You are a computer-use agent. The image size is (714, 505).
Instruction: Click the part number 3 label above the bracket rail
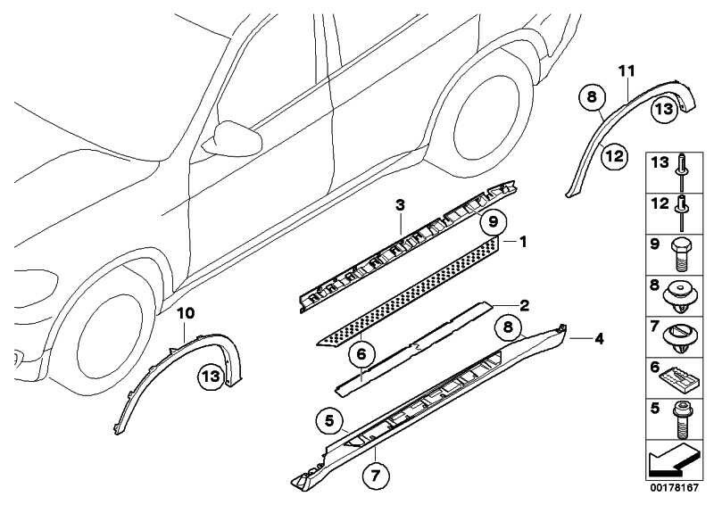(401, 206)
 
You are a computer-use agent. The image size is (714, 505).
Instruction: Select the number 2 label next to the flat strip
(524, 305)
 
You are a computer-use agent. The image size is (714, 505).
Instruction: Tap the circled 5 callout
(329, 418)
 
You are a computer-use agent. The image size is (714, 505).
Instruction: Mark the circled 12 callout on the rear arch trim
(613, 156)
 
